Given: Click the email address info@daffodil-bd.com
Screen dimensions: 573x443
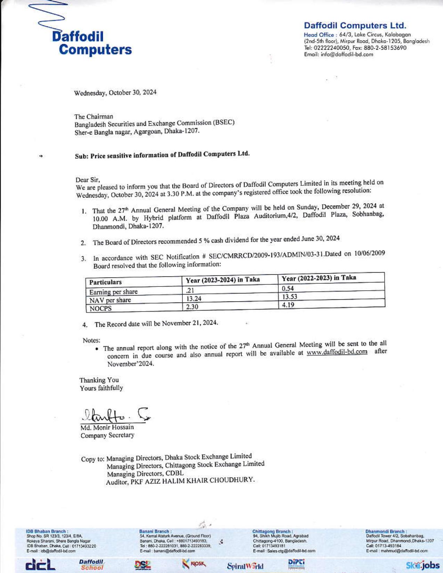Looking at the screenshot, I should click(x=351, y=54).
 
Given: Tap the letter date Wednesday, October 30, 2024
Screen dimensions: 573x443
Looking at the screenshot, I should click(x=115, y=93).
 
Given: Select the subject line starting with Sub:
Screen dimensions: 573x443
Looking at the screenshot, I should click(x=162, y=155).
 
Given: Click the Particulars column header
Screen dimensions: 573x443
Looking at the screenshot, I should click(x=106, y=282).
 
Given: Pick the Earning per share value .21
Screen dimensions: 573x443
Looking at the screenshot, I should click(x=190, y=290).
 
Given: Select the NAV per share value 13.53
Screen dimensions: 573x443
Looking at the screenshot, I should click(x=289, y=297).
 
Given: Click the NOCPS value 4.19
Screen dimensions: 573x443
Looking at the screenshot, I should click(x=288, y=305).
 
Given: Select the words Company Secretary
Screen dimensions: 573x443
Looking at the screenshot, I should click(x=107, y=435).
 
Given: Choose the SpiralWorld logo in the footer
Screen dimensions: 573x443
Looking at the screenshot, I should click(x=245, y=566).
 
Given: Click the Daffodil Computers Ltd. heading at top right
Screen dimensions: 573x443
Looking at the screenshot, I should click(x=355, y=25).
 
